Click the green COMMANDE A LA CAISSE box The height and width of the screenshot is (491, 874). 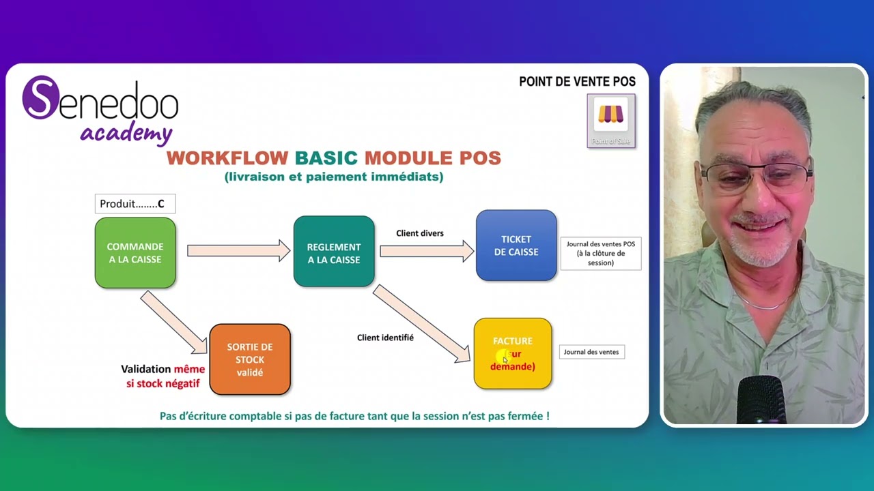coord(135,252)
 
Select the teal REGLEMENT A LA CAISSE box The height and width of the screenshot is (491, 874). coord(334,252)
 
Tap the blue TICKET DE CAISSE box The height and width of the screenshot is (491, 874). coord(516,245)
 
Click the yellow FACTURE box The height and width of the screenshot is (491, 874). coord(513,353)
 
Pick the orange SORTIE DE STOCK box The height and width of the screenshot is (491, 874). coord(250,359)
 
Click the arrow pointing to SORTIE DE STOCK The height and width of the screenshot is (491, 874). coord(174,323)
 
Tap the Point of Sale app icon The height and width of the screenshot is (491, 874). coord(611,120)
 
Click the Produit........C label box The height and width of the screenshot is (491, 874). coord(135,204)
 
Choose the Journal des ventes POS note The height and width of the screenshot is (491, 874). coord(600,253)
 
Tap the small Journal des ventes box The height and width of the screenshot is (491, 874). coord(591,352)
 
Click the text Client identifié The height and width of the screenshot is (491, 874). coord(385,338)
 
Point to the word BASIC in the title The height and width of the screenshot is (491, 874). coord(326,158)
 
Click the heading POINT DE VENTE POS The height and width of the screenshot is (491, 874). coord(577,82)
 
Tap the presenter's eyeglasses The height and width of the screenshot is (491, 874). coord(757,177)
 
